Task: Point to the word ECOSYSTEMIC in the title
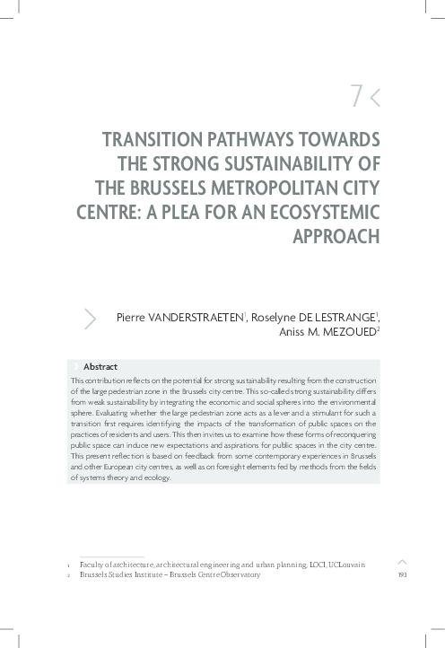325,212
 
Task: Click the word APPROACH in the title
336,236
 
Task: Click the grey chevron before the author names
90,318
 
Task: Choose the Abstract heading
100,367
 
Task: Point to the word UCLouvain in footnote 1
364,565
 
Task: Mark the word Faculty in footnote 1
95,565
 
